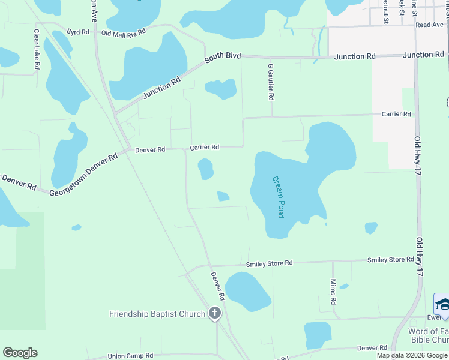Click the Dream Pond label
[278, 196]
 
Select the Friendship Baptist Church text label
[157, 314]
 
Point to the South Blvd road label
[222, 58]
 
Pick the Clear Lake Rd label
[37, 49]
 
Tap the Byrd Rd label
[77, 31]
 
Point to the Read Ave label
[429, 25]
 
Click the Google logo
[20, 353]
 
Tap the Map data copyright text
[412, 355]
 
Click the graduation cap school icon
[442, 304]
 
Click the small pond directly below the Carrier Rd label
[206, 169]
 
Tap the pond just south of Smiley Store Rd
[247, 292]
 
